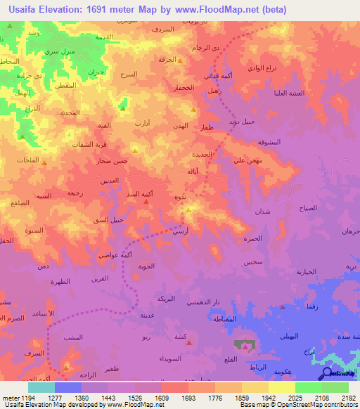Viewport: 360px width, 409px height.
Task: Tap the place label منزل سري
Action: (x=58, y=52)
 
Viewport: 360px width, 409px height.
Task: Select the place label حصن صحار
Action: (x=112, y=162)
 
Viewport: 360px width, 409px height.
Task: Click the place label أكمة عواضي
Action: (x=115, y=253)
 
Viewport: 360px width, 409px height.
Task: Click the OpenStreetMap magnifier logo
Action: (x=326, y=374)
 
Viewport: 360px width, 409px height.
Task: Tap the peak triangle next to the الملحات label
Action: (x=44, y=162)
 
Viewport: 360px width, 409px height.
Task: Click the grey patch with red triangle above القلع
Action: (x=245, y=346)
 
